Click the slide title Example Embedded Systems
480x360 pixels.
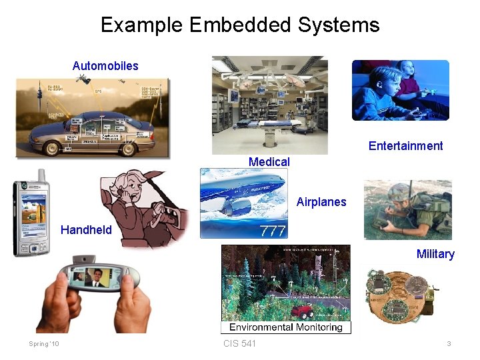point(240,25)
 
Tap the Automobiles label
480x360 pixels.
point(105,65)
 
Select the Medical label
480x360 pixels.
point(269,161)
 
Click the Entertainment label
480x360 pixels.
point(405,146)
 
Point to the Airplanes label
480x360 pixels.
point(321,202)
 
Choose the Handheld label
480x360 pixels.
point(86,230)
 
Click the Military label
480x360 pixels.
point(435,254)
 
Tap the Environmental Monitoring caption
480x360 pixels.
point(286,327)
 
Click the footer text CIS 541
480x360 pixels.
point(239,343)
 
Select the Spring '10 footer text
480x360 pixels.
point(44,344)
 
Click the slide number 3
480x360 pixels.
point(449,344)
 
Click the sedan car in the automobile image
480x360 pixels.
point(93,133)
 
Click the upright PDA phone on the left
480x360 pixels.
point(30,217)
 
